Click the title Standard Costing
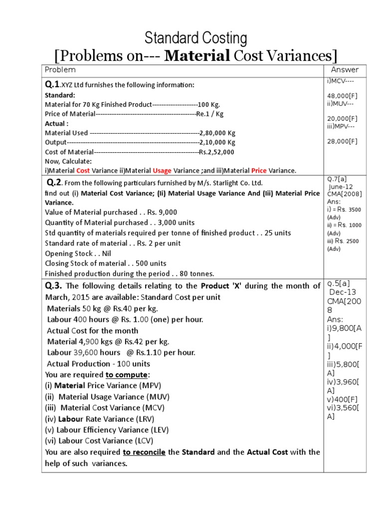coord(195,38)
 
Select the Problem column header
coord(60,70)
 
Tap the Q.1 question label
coord(52,84)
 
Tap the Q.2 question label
coord(54,182)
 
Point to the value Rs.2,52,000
coord(216,152)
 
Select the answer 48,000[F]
coord(342,96)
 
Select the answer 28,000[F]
coord(342,141)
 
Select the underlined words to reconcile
coord(144,452)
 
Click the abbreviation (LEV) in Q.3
coord(158,430)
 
